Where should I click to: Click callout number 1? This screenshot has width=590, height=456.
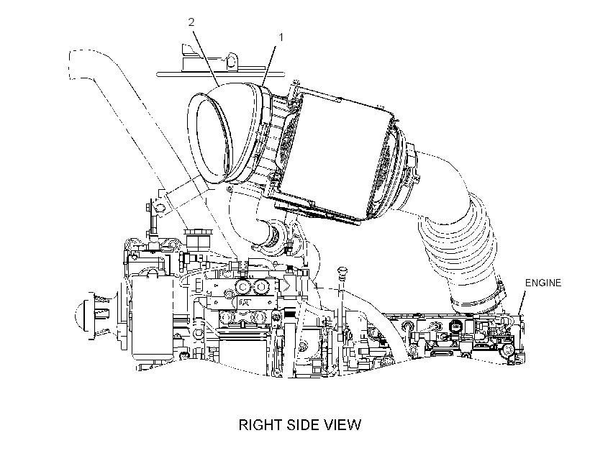(x=281, y=37)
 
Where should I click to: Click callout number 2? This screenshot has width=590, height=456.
(x=191, y=22)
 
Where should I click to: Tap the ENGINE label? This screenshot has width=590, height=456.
(x=543, y=283)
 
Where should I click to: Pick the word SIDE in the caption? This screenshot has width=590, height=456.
(x=303, y=425)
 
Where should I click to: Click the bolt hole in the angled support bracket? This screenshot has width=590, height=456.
(x=160, y=207)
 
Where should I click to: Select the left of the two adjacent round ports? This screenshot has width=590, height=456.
(x=241, y=288)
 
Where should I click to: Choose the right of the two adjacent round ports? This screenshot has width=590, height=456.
(x=259, y=288)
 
